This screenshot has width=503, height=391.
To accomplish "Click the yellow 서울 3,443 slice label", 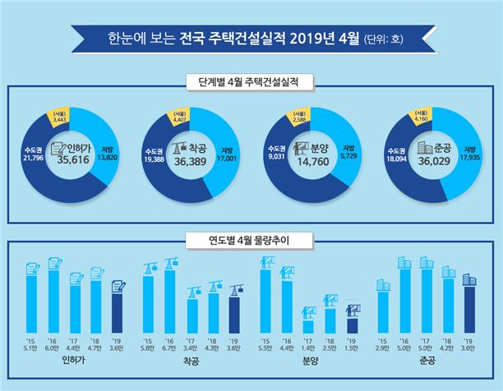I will point(59,118).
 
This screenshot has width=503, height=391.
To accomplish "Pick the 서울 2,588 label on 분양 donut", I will point(299,118).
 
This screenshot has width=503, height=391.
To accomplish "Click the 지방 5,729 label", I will point(348,154).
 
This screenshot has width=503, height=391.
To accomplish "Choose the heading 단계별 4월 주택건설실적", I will point(251,82).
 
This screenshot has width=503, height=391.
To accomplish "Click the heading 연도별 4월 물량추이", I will point(251,241).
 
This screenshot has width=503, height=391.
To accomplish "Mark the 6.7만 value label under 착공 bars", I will point(171,347).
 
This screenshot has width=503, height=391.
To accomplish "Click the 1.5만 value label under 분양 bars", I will point(352,347).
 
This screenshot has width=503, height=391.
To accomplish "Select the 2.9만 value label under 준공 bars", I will point(383,347).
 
